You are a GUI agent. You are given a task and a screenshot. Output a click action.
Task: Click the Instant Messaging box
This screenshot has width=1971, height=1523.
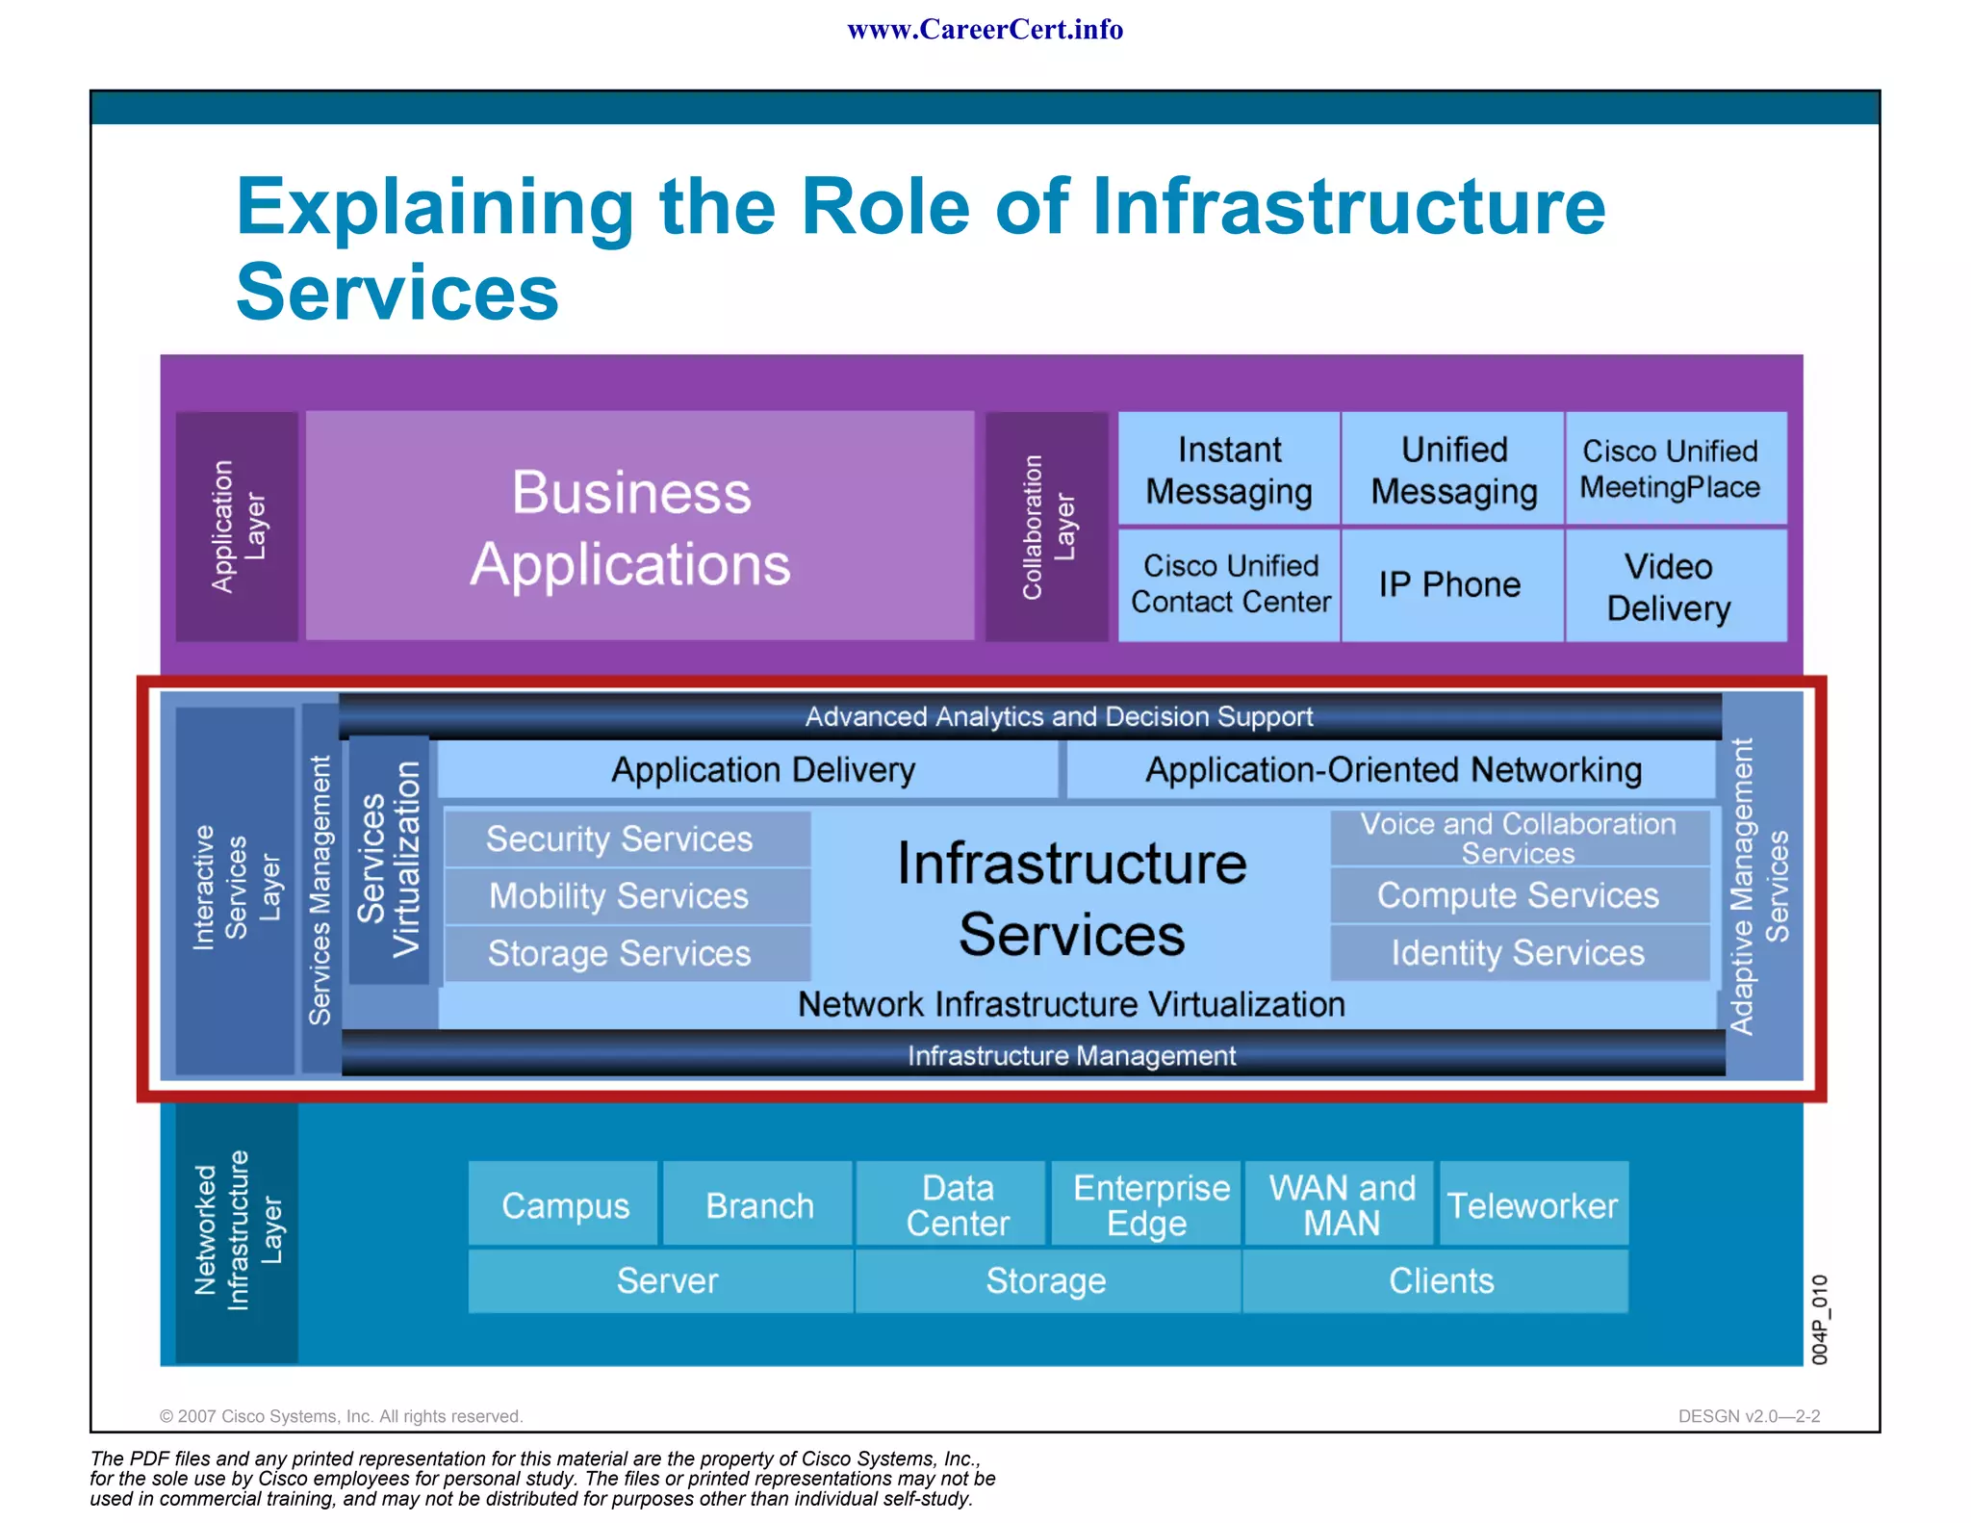click(1229, 470)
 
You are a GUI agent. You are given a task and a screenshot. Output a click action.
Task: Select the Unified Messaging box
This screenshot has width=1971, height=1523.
click(1453, 470)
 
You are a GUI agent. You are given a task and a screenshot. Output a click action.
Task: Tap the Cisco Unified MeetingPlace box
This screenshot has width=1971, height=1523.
click(1676, 469)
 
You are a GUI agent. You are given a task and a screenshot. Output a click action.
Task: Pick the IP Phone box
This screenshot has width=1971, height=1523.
click(1451, 584)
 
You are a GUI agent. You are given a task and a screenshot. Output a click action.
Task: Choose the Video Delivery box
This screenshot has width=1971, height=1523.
click(1676, 585)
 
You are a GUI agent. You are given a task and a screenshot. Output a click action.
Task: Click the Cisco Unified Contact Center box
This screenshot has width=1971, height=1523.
click(1229, 584)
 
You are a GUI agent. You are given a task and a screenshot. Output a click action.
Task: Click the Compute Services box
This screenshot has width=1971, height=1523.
click(1519, 895)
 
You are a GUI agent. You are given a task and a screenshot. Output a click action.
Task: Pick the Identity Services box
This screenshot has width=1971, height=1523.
click(1519, 953)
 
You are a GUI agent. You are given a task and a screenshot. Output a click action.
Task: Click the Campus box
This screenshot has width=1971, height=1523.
click(564, 1204)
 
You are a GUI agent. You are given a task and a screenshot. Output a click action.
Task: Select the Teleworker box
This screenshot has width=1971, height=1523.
click(1533, 1204)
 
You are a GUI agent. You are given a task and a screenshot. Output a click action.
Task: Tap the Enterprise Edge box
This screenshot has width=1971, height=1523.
click(1146, 1204)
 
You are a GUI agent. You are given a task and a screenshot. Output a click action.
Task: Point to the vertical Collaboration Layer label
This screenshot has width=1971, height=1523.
click(1046, 527)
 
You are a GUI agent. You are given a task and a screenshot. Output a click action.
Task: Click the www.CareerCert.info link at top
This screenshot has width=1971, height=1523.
click(985, 30)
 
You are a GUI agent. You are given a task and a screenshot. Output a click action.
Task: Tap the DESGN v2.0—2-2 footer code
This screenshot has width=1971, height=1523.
click(1749, 1416)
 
